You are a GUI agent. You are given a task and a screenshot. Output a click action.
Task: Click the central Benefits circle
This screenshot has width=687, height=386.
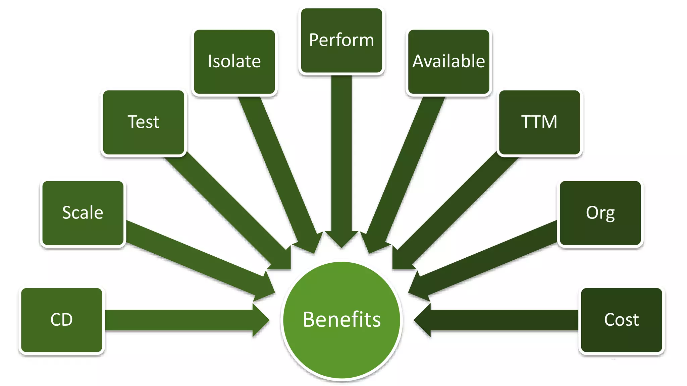[341, 320]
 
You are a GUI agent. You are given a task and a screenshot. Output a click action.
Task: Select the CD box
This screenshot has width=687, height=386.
[62, 320]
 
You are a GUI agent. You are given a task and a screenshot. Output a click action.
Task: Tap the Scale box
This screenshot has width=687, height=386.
[83, 213]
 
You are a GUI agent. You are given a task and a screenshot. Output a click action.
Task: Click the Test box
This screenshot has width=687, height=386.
[144, 122]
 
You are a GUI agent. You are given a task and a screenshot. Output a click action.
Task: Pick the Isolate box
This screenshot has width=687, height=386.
[234, 62]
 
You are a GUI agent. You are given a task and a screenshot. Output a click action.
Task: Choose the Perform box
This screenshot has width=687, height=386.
[341, 41]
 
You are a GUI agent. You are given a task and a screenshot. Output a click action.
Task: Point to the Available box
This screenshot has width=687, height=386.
[448, 62]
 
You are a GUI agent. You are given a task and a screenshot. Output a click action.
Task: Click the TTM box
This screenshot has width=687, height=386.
[539, 122]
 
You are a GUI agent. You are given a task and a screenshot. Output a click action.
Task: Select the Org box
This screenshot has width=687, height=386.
[600, 213]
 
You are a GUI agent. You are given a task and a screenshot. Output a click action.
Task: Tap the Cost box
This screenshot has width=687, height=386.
[622, 320]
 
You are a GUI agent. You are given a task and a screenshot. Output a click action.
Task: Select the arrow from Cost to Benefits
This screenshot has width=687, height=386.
[503, 320]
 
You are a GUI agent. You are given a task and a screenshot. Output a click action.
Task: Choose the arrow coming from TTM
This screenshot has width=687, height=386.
[456, 211]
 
